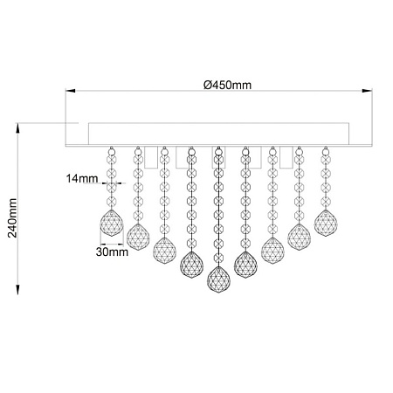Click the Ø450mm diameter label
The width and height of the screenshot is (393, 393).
point(227,85)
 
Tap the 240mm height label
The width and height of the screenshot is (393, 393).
point(12,218)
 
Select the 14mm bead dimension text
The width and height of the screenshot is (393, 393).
point(82,178)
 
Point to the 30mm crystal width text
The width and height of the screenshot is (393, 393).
point(112,252)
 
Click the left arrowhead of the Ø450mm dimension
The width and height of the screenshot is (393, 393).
point(70,91)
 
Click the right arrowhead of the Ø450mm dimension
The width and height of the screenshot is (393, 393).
point(368,91)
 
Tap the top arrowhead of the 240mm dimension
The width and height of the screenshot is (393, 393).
point(17,128)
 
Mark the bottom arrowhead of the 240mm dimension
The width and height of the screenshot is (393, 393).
point(17,289)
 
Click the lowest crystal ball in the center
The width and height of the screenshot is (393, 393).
point(218,279)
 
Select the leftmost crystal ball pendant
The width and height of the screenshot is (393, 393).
point(112,223)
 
